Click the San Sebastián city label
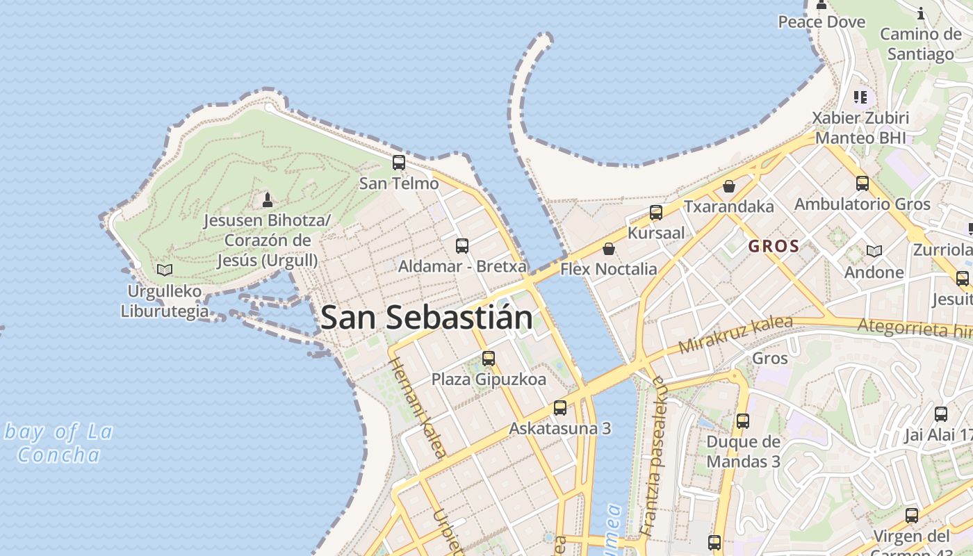(x=427, y=318)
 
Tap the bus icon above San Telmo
(x=399, y=163)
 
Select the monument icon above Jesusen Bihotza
(x=267, y=200)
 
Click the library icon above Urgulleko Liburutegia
(x=165, y=270)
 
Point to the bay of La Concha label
(x=58, y=443)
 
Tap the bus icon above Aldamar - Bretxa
(x=462, y=245)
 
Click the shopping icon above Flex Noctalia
(x=609, y=248)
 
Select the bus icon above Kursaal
(x=656, y=212)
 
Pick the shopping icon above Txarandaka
(x=729, y=186)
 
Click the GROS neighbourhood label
(x=774, y=246)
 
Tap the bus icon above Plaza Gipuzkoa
(x=489, y=359)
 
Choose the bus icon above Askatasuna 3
(x=560, y=407)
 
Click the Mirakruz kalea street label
(x=735, y=334)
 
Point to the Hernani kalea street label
(x=417, y=409)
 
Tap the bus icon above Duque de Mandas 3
(x=743, y=420)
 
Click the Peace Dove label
(x=821, y=22)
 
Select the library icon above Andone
(x=874, y=251)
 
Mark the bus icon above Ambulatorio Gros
(x=862, y=183)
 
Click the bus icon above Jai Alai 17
(x=941, y=414)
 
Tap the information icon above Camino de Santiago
(x=922, y=13)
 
